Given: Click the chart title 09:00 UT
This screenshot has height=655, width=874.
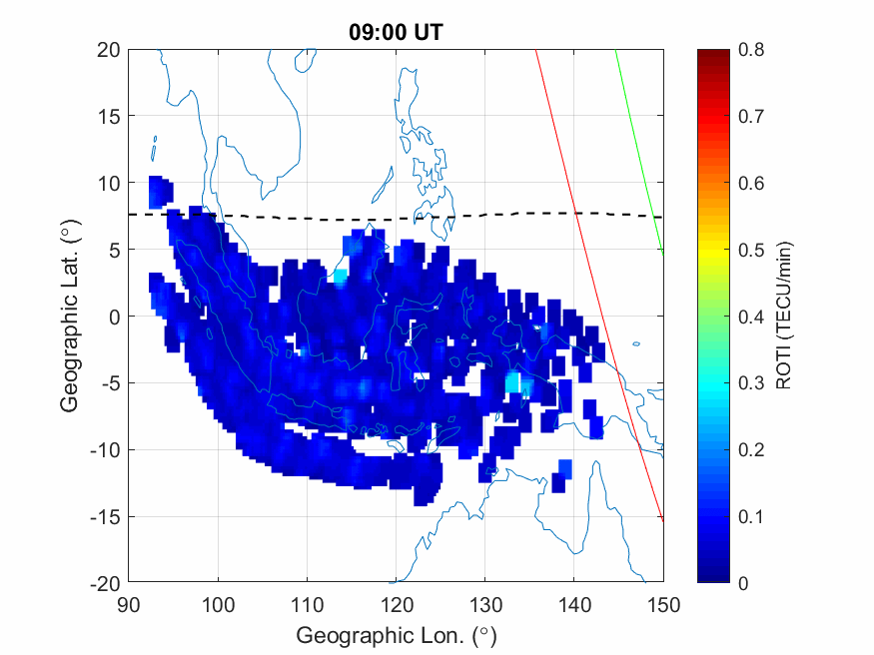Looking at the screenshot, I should point(396,32).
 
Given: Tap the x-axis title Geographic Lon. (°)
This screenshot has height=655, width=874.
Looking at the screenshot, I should point(396,635).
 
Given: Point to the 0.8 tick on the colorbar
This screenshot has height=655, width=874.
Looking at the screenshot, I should point(750,49).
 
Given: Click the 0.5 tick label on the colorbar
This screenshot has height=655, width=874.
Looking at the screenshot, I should point(750,250).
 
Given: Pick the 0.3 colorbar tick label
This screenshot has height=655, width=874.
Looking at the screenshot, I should point(750,382).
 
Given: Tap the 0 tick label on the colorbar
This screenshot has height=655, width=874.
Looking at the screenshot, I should point(741,583).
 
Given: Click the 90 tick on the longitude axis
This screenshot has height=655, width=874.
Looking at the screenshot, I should point(129,604).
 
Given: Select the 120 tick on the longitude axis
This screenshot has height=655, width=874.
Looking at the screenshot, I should point(397,604).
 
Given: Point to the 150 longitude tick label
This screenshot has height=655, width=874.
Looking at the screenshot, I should point(663,604).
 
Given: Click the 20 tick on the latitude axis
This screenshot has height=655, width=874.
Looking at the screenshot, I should point(109,49).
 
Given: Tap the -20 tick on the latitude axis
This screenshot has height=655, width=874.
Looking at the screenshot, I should point(105,583).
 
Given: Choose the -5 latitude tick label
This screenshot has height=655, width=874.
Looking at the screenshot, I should point(109,382).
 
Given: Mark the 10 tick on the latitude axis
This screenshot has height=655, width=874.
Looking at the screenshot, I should point(109,183).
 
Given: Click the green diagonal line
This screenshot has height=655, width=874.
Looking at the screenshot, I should point(639,150).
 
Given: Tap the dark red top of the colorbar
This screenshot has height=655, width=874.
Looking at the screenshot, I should point(711,54).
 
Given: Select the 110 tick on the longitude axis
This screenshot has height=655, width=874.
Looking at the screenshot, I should point(308,604).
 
